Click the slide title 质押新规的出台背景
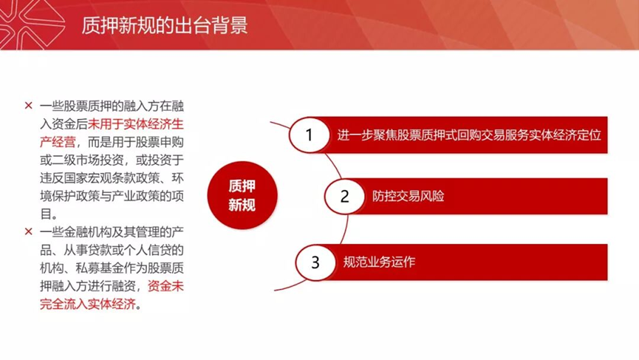[164, 25]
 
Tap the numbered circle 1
[310, 135]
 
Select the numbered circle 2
[345, 197]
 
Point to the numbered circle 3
[315, 262]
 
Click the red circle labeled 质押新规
[242, 195]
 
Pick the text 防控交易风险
[408, 197]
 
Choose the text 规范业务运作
[379, 262]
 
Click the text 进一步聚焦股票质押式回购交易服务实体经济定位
[469, 135]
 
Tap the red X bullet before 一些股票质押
[29, 106]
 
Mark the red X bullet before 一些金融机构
[29, 232]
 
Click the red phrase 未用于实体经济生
[136, 124]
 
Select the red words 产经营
[58, 142]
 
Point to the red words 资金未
[165, 286]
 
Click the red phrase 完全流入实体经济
[88, 304]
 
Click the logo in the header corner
[32, 24]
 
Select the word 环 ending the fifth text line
[178, 177]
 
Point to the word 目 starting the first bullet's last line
[46, 214]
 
